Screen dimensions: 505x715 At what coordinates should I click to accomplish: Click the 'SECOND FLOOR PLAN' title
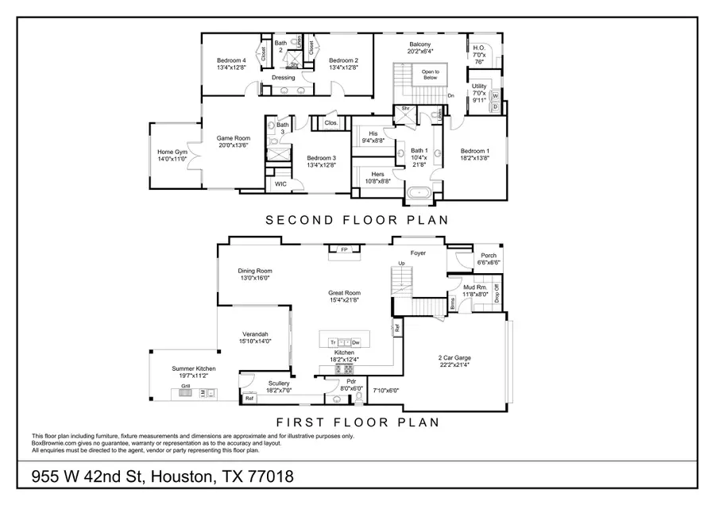[x=357, y=220]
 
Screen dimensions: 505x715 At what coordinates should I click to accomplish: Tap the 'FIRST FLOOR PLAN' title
[x=357, y=422]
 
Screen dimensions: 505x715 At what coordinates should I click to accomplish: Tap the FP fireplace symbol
[x=344, y=250]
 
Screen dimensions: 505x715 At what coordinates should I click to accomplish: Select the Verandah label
[x=255, y=337]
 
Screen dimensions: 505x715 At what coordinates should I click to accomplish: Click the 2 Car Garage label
[x=454, y=360]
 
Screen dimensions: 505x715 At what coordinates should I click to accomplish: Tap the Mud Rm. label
[x=480, y=290]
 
